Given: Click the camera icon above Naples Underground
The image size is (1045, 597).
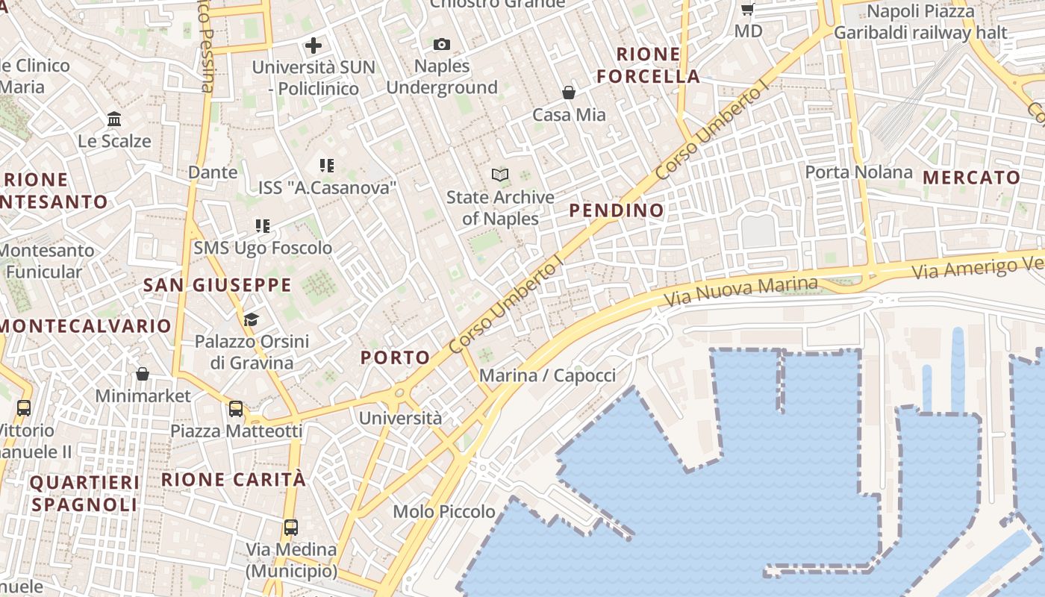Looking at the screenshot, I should [x=442, y=45].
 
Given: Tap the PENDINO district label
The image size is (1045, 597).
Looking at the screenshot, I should [x=617, y=210].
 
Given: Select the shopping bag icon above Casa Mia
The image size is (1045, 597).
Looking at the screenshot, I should [x=569, y=93].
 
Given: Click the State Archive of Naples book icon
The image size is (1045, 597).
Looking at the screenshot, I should [x=500, y=175].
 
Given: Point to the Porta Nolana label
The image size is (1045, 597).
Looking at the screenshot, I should [x=858, y=172].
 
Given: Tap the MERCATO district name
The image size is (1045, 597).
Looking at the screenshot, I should [x=972, y=178].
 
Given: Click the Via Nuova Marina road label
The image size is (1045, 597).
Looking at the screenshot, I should [x=740, y=293].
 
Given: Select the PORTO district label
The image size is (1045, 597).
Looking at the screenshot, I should [x=396, y=357].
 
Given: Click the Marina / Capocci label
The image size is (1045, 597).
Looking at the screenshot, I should [x=547, y=375].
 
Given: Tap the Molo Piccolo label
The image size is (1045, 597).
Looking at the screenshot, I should [x=444, y=511].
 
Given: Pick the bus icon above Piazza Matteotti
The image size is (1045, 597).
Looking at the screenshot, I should [x=236, y=409].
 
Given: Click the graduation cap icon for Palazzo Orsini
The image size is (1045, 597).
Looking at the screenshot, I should [x=251, y=319].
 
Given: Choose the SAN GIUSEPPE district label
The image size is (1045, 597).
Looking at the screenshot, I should [x=217, y=285].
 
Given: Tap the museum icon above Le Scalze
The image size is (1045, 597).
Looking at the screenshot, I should [x=114, y=119].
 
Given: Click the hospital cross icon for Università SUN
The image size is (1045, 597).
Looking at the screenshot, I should [x=313, y=46].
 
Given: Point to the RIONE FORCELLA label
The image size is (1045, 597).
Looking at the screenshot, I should [x=648, y=65].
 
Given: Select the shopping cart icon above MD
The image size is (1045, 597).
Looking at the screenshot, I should [x=747, y=10].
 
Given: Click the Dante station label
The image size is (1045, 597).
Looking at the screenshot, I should [x=213, y=172].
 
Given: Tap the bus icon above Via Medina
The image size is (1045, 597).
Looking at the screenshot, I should [x=291, y=528].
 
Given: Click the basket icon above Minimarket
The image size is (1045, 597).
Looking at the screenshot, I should [x=143, y=373].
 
